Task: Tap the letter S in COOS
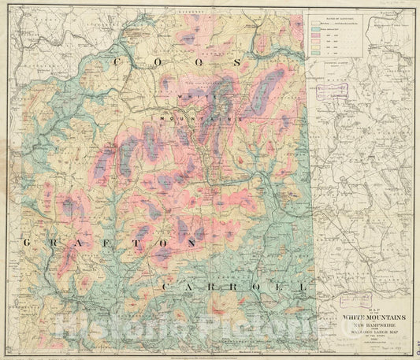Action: (x=237, y=61)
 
